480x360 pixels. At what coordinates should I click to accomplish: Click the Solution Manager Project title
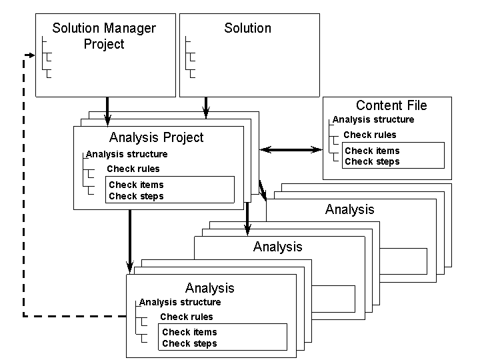(x=104, y=37)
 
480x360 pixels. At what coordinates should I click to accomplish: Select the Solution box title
(x=247, y=28)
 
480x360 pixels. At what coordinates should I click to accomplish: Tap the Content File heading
(x=391, y=105)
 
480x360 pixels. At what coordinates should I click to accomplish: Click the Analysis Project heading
(x=156, y=138)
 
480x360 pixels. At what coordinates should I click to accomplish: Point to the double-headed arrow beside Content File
(x=288, y=149)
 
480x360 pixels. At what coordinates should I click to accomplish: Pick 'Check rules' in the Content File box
(x=370, y=135)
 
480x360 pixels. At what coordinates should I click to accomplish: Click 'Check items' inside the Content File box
(x=372, y=151)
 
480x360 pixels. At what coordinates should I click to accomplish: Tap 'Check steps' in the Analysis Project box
(x=136, y=196)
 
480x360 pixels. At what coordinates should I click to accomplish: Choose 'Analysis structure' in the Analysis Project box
(x=127, y=154)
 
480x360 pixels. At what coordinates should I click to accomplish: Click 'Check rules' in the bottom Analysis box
(x=187, y=317)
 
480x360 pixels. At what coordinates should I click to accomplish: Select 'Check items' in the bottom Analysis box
(x=189, y=332)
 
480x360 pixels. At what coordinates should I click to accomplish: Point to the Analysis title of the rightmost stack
(x=349, y=209)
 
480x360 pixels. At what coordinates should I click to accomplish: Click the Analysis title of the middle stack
(x=277, y=247)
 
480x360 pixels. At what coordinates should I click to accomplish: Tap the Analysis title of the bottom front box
(x=209, y=288)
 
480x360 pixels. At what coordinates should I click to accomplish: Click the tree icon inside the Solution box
(x=191, y=57)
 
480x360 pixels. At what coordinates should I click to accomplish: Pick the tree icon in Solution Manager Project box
(x=46, y=57)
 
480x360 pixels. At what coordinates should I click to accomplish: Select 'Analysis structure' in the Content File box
(x=373, y=120)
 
